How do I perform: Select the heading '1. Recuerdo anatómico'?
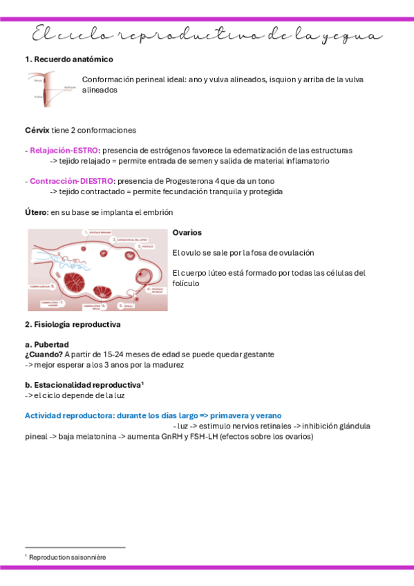69,59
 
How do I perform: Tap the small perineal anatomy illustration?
48,89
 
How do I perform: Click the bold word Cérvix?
37,130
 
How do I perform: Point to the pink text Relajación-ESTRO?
64,150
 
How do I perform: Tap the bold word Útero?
36,212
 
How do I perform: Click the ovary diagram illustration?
97,270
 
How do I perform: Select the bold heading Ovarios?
187,233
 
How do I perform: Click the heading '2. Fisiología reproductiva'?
73,324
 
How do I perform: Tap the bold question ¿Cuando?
44,354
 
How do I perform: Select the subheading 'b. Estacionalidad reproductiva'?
83,384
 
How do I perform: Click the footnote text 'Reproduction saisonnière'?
68,556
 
